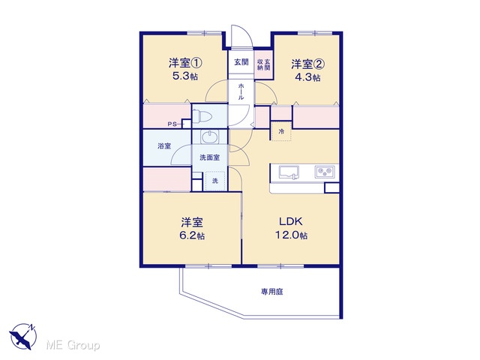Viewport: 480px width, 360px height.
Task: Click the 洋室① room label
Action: point(185,63)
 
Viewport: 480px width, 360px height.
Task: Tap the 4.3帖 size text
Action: point(307,77)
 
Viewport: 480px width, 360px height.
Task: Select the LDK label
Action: point(291,221)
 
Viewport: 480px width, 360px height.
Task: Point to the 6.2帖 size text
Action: point(192,236)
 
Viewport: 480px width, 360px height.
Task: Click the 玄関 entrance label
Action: point(241,62)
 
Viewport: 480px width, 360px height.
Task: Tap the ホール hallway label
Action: point(241,91)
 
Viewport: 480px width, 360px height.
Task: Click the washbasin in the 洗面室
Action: point(210,136)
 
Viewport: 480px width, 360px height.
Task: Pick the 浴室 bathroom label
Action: point(164,146)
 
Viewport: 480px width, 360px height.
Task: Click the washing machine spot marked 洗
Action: point(215,181)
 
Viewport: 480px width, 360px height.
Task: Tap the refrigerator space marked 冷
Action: point(281,131)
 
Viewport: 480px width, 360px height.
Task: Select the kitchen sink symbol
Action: point(289,172)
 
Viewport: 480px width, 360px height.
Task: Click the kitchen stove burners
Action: point(325,172)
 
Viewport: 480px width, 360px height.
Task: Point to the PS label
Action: point(172,124)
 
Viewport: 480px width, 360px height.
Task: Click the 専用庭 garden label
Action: point(271,292)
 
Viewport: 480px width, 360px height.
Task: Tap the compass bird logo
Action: point(23,336)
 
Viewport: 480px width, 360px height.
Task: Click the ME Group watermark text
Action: point(73,345)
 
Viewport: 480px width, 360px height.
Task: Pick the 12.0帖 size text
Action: point(291,235)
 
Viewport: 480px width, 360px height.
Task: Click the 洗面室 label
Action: point(210,157)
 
